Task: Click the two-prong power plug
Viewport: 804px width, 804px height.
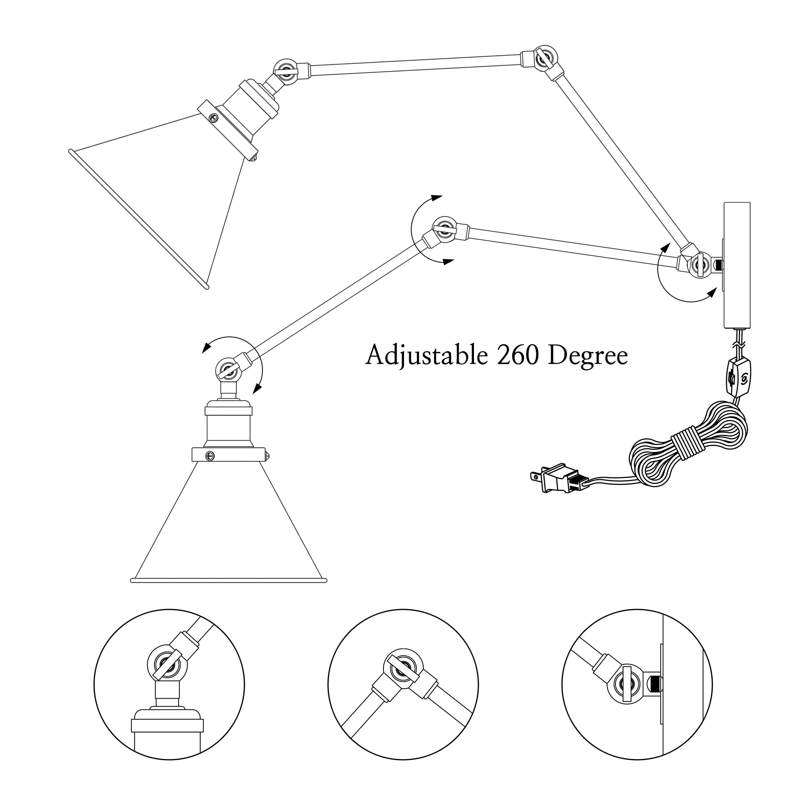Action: [556, 478]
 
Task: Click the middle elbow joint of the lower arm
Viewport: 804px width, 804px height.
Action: [445, 229]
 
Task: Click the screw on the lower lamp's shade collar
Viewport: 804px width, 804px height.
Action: [211, 456]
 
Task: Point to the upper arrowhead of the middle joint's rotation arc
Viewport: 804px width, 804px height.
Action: [436, 198]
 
